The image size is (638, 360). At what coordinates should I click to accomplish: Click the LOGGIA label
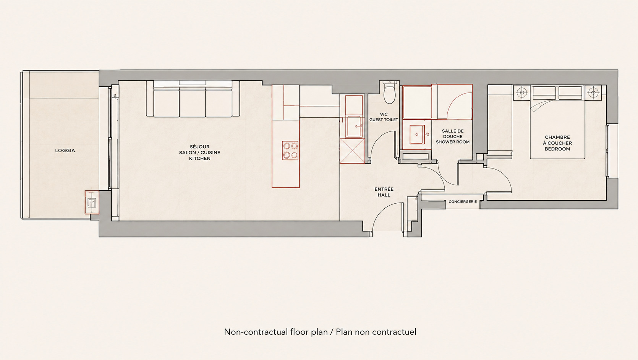[65, 150]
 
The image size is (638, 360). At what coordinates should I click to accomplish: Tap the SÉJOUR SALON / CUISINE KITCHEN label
[200, 152]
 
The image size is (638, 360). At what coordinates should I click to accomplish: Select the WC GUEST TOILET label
[384, 117]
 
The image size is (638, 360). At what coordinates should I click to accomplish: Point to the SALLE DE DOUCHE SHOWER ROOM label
[453, 136]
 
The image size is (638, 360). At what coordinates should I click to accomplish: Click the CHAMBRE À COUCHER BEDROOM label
[557, 143]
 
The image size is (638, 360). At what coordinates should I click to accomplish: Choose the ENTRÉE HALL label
[384, 192]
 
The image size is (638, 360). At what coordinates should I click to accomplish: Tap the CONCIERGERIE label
[463, 202]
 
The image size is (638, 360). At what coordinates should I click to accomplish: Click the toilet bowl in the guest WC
[389, 92]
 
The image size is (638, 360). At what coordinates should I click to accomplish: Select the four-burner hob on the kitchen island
[290, 150]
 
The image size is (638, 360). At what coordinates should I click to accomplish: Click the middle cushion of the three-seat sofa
[192, 102]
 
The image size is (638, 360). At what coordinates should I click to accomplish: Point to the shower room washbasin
[417, 135]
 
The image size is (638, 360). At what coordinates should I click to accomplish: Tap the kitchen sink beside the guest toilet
[354, 126]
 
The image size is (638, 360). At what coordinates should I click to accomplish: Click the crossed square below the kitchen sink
[352, 151]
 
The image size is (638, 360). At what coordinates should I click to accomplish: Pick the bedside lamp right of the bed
[593, 92]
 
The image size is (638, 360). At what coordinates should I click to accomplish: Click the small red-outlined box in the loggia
[92, 202]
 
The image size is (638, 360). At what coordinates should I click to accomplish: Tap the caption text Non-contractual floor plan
[276, 332]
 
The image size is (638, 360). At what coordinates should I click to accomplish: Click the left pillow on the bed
[544, 93]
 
